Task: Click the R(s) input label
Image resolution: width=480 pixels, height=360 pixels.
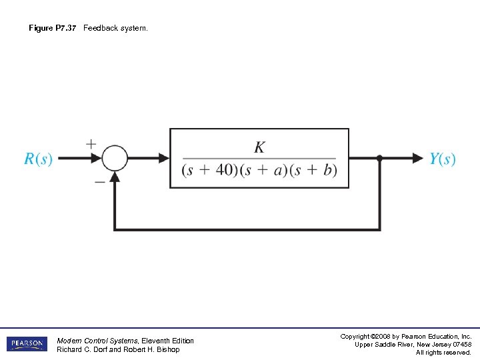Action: [x=38, y=159]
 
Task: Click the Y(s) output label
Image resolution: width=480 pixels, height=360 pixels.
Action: [x=443, y=159]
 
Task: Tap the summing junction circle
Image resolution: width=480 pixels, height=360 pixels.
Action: [x=115, y=159]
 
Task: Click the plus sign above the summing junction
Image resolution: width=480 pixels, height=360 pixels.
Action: [x=91, y=143]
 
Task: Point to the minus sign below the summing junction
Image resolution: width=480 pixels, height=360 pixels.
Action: [x=99, y=181]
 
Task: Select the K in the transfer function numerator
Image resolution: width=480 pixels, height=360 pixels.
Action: [x=259, y=147]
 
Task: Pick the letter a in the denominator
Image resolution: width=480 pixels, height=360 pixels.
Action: [x=281, y=170]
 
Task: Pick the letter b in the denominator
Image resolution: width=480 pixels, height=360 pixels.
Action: [x=327, y=170]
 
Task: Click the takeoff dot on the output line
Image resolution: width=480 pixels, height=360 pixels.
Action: [x=379, y=159]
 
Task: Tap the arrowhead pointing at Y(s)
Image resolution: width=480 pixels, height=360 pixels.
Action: [x=418, y=159]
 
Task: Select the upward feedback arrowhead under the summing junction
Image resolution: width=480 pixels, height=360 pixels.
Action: [x=115, y=177]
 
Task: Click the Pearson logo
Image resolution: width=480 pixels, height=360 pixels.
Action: [x=27, y=344]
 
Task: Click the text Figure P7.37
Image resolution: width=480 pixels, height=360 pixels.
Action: [x=53, y=28]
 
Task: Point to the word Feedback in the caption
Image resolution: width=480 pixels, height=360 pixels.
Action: [x=99, y=28]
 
